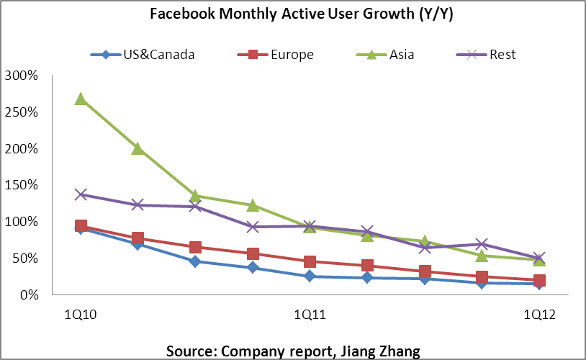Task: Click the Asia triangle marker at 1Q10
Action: [81, 99]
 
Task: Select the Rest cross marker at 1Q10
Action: [81, 194]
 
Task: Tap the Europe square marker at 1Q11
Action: [310, 261]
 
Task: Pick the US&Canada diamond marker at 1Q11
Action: [310, 276]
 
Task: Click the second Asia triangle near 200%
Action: [138, 149]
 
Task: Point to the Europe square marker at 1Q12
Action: [539, 280]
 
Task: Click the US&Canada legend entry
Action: [143, 55]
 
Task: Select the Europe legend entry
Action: [276, 55]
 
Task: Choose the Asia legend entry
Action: [385, 55]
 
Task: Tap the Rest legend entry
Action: [486, 55]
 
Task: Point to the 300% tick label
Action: [22, 76]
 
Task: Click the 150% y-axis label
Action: [22, 184]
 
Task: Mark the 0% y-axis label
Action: [29, 295]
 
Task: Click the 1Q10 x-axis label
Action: [81, 315]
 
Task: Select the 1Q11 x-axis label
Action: [310, 315]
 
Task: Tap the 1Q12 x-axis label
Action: [539, 315]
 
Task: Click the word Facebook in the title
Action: [182, 14]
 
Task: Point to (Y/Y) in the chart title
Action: [436, 14]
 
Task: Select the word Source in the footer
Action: [191, 351]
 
